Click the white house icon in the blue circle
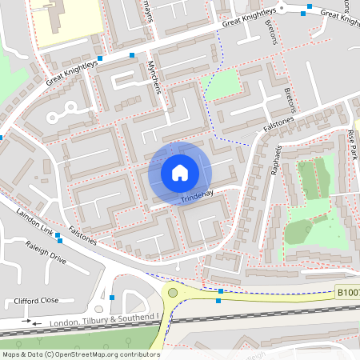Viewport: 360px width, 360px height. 180,172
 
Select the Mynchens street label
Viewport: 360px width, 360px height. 155,78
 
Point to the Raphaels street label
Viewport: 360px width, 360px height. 279,160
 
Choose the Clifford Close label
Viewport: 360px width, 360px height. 37,301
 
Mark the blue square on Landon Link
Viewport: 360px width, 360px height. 58,234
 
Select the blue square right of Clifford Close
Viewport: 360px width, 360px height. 112,298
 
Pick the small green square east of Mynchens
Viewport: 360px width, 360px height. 223,83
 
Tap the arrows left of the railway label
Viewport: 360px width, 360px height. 32,322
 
